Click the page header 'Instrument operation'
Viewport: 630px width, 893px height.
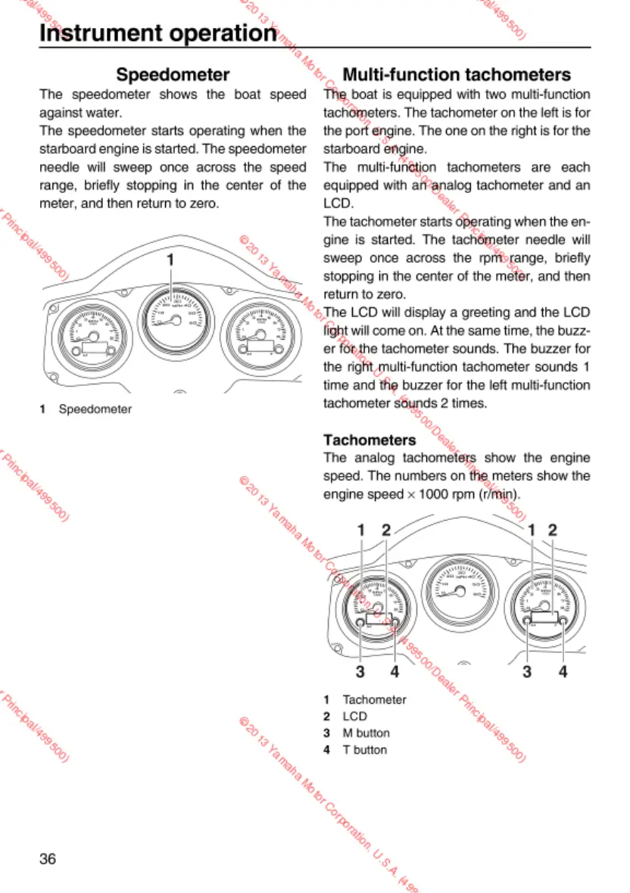coord(157,33)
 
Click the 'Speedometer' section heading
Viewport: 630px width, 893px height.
coord(173,75)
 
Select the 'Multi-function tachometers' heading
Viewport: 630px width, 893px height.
coord(457,75)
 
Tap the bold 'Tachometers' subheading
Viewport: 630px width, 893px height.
coord(370,440)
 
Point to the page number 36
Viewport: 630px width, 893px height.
coord(48,858)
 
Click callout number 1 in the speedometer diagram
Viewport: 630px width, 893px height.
coord(170,260)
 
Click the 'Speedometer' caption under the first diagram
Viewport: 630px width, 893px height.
coord(95,409)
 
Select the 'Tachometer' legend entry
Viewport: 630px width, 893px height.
coord(374,699)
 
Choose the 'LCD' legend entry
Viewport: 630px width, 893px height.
coord(354,716)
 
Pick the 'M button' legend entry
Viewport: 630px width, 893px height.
coord(366,733)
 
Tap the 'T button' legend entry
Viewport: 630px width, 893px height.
coord(364,750)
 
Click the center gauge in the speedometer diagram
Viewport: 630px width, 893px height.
coord(173,319)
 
